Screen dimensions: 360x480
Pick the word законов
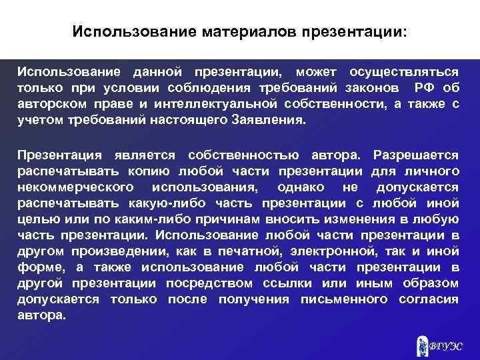(376, 88)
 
